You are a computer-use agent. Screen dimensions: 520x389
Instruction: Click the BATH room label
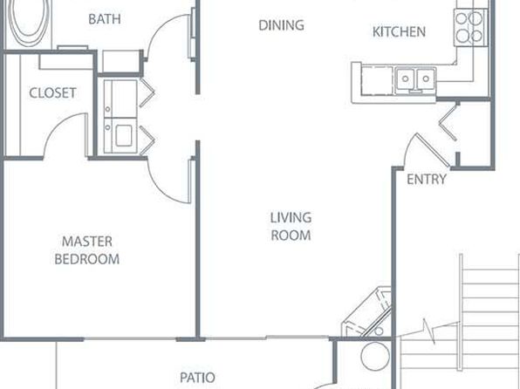105,19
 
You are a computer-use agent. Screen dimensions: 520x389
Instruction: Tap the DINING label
281,25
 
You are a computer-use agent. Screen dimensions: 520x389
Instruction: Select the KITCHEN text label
399,32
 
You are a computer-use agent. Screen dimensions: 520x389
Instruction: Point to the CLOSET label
52,92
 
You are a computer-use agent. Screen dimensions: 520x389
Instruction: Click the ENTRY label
427,180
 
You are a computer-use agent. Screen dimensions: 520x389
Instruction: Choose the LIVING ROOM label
291,227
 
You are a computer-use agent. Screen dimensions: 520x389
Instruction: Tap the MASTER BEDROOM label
87,250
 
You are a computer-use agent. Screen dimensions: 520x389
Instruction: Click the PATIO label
197,378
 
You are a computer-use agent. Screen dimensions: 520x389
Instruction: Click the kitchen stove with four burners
471,28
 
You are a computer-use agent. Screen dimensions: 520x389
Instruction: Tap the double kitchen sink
415,78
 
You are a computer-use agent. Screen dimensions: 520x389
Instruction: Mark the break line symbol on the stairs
429,330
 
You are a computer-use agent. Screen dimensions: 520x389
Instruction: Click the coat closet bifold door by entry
448,121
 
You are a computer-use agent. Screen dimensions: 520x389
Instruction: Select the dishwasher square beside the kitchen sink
377,80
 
